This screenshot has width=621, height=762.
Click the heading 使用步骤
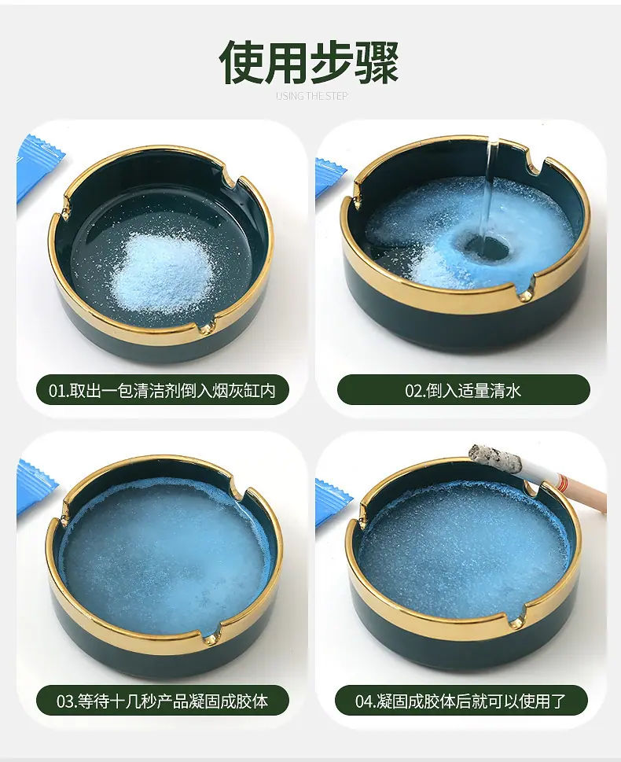click(309, 62)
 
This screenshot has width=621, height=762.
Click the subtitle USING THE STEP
click(311, 96)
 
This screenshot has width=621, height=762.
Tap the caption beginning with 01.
click(162, 390)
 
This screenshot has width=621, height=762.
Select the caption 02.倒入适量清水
click(463, 390)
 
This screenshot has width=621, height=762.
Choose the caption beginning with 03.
click(162, 701)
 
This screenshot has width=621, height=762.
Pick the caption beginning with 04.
click(461, 701)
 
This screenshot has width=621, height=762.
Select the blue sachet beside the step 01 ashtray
click(39, 167)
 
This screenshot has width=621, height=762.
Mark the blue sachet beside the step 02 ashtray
click(329, 178)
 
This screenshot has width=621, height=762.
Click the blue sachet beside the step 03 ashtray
click(35, 487)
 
